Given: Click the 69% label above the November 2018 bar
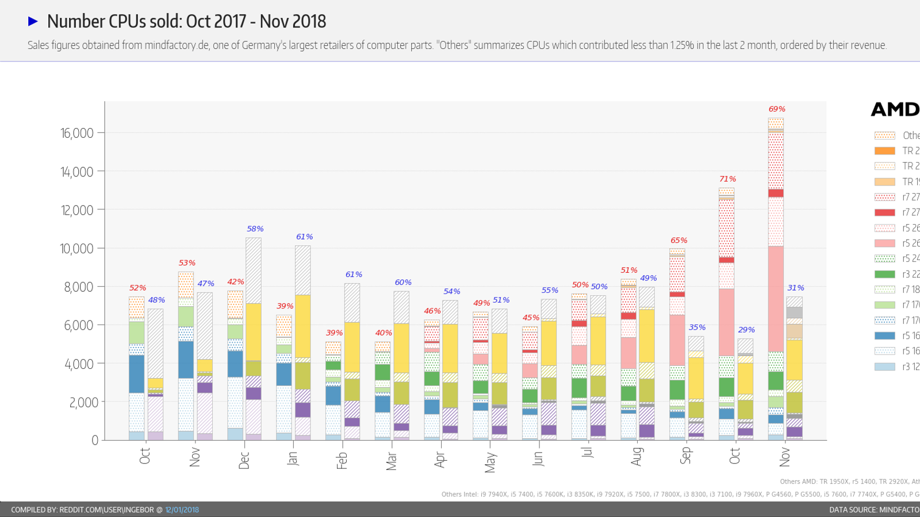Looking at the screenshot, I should pos(777,109).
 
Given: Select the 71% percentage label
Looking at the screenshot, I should pos(727,179).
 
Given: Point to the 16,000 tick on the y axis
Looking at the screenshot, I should pos(77,133).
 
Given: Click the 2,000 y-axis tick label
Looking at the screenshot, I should pos(84,402).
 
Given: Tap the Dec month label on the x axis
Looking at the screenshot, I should pos(244,460).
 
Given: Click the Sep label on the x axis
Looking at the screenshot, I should pos(685,456).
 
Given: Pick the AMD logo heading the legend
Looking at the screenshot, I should pos(895,109).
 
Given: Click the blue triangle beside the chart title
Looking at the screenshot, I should pos(33,21).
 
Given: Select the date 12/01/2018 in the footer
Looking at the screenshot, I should pos(182,510).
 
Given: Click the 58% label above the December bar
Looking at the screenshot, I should pos(255,229).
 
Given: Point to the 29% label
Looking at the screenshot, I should pos(746,330).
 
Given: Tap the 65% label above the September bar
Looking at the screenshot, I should pos(678,240).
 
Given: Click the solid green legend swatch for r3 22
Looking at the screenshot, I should pos(884,275).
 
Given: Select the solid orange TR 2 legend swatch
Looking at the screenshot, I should pos(884,151).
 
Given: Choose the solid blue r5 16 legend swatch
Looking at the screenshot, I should pos(884,335).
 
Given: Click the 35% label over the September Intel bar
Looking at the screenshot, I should pos(697,327).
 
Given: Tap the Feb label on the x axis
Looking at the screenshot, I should pos(342,460).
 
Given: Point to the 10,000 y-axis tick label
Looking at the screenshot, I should pos(76,249).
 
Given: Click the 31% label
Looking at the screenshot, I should pos(796,288).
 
